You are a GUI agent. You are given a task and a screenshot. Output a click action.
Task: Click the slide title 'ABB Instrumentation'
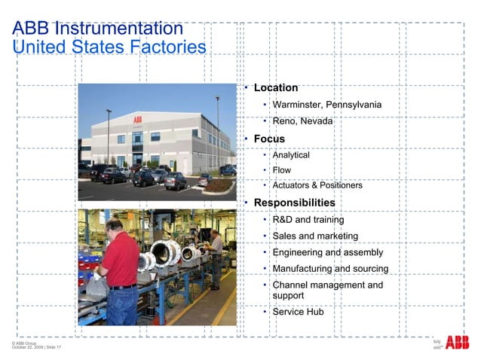click(98, 29)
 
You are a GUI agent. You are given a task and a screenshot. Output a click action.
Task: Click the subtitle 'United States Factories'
click(109, 47)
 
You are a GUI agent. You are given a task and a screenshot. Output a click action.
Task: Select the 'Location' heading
click(276, 88)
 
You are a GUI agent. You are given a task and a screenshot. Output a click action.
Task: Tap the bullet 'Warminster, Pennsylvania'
click(326, 105)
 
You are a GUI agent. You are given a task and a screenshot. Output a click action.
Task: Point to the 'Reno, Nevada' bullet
click(302, 121)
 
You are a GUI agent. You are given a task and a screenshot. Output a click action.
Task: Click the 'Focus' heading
click(269, 139)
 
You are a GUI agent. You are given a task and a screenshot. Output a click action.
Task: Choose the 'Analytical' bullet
click(291, 155)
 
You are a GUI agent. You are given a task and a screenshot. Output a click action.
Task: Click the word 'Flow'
click(281, 170)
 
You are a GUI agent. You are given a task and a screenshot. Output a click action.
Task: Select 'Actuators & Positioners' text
click(317, 185)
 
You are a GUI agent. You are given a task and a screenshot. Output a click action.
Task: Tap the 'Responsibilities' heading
click(294, 203)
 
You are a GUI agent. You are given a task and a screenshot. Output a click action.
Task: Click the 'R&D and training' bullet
click(308, 220)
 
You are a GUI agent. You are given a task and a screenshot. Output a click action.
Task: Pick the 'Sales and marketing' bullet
click(315, 236)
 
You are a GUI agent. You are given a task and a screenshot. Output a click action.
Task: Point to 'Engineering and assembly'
click(327, 253)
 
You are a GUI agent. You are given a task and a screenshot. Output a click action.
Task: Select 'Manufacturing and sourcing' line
click(330, 269)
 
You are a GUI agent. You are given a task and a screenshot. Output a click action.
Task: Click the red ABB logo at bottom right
click(457, 343)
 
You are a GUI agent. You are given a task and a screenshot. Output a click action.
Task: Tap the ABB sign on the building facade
click(137, 118)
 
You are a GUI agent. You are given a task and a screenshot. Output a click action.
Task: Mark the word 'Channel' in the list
click(290, 285)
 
